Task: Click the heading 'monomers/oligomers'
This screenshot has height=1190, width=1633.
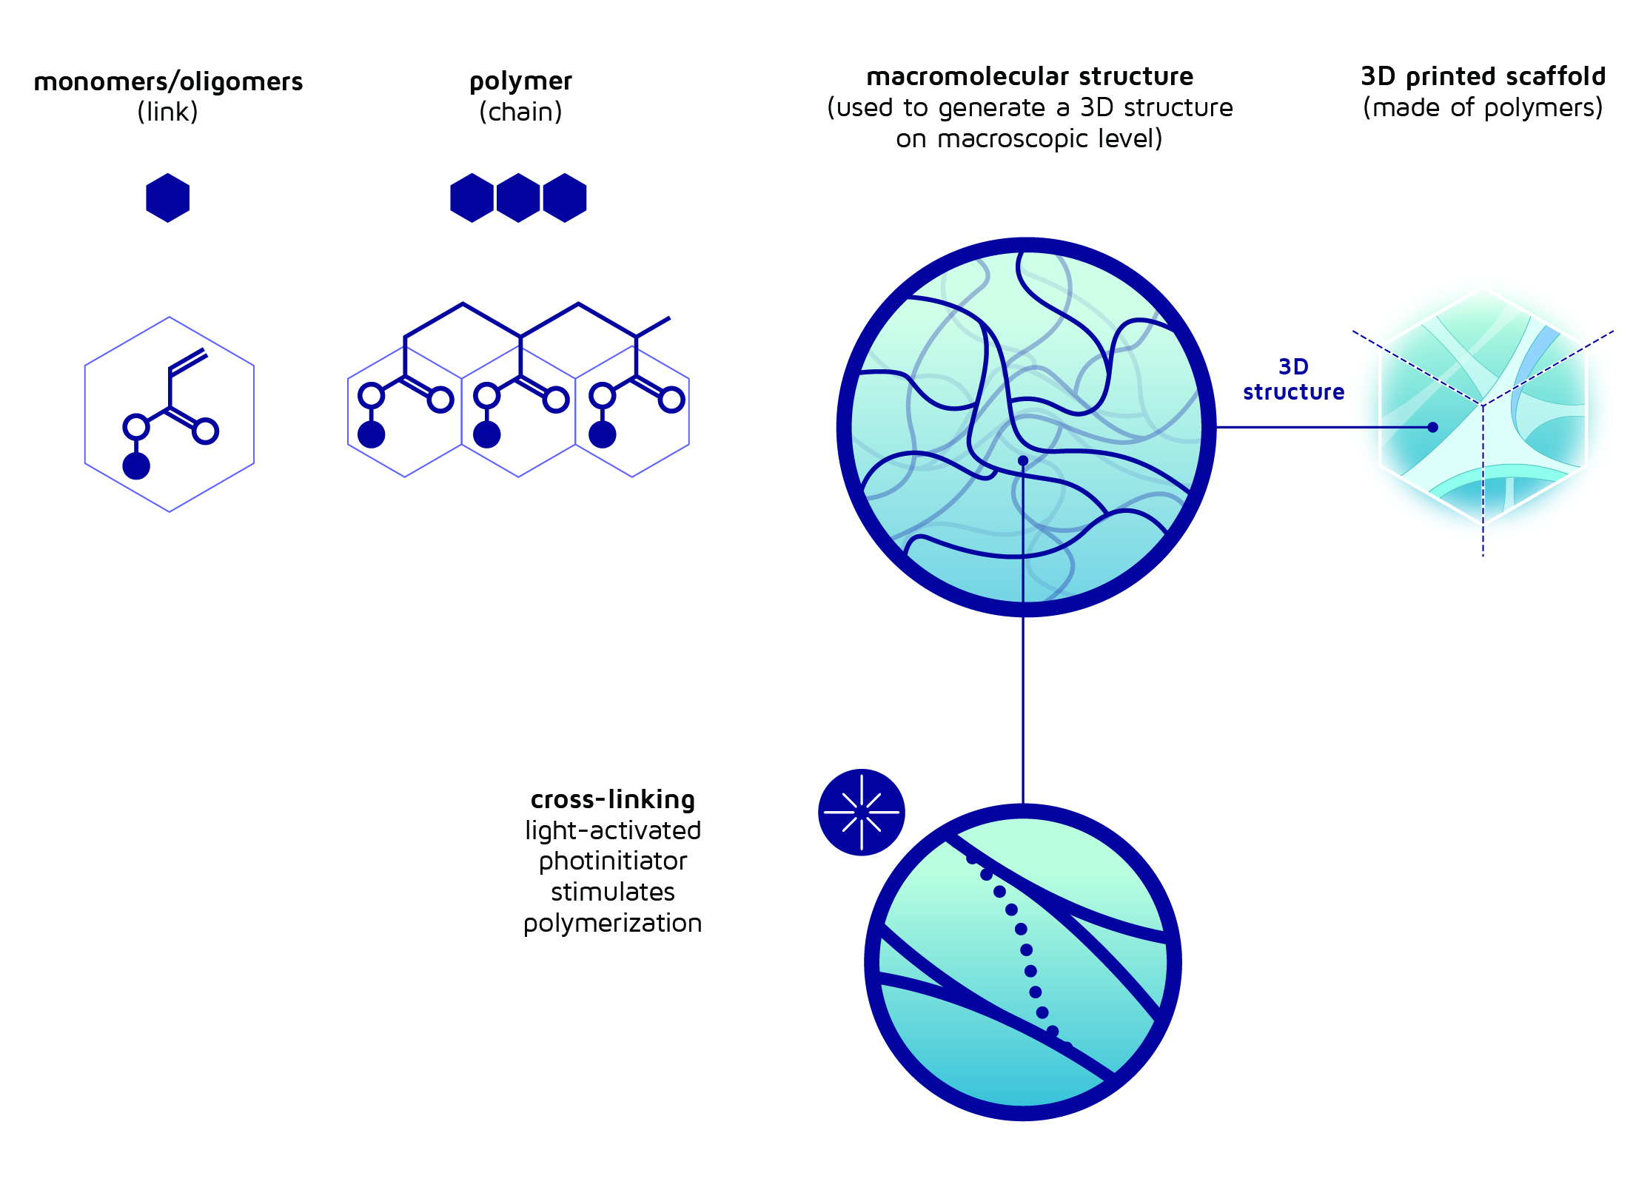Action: [168, 81]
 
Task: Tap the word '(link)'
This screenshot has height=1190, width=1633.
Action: [168, 112]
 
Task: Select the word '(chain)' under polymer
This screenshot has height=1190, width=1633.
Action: [520, 112]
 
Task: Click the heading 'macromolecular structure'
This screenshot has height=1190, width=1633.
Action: [1030, 76]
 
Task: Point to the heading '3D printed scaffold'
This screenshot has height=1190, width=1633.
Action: [1483, 76]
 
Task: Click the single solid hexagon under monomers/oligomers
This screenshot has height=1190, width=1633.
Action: [168, 198]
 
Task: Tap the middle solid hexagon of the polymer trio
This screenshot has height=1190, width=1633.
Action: [518, 198]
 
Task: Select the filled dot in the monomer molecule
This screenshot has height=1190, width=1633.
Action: [136, 466]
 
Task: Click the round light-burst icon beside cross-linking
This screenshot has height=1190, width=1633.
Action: [862, 812]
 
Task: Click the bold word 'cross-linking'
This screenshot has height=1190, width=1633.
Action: [613, 799]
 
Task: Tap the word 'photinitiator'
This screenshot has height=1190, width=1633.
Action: [613, 861]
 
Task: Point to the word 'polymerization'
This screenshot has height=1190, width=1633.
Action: [613, 924]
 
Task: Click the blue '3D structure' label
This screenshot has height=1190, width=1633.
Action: [1293, 379]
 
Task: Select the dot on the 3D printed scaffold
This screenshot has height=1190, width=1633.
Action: [1432, 427]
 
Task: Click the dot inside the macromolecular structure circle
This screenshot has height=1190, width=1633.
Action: [1023, 460]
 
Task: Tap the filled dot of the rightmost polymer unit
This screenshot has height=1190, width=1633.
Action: [603, 434]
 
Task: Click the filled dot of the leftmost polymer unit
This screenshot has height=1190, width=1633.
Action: [371, 434]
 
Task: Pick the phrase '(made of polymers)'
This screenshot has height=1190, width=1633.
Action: [1483, 108]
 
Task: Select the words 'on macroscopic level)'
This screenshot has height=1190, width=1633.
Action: [1029, 139]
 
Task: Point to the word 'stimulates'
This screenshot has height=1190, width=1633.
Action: [613, 892]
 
